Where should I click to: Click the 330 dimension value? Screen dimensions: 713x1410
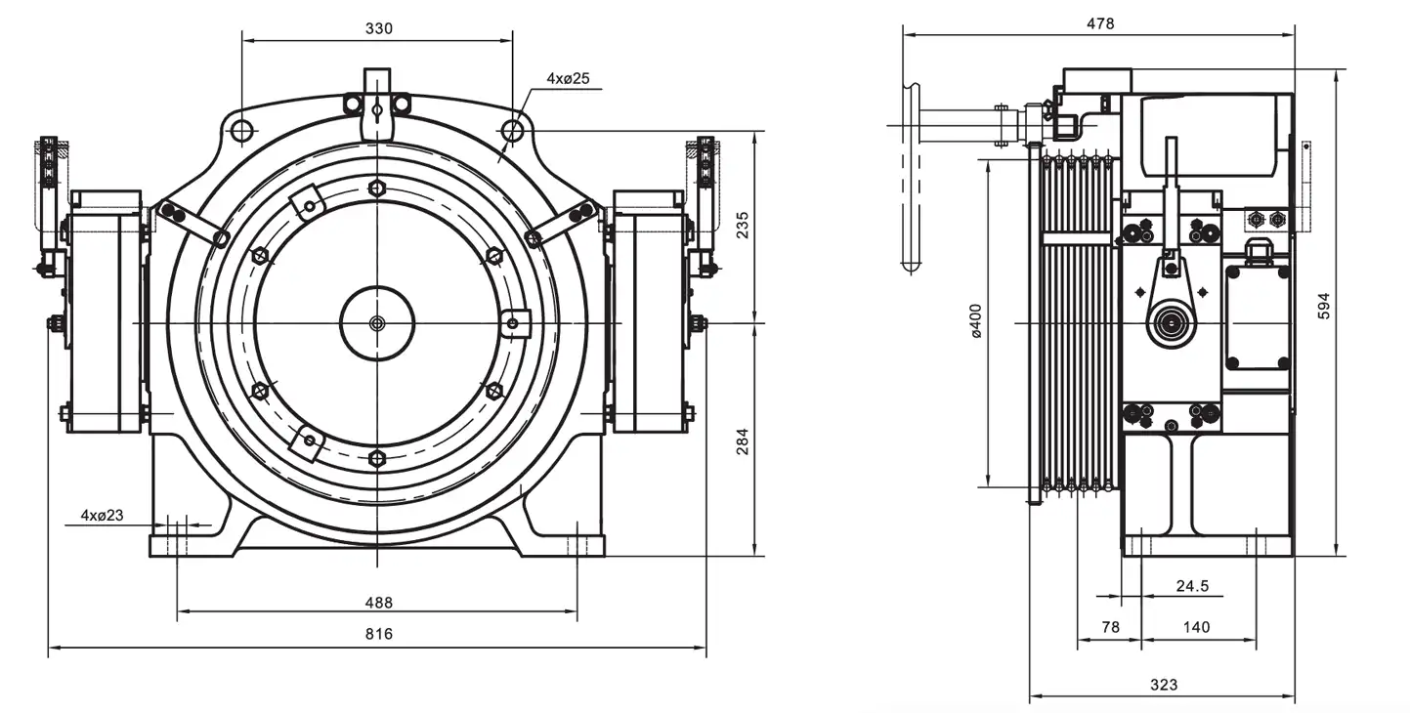pyautogui.click(x=379, y=28)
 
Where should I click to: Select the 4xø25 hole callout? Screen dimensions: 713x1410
pyautogui.click(x=568, y=78)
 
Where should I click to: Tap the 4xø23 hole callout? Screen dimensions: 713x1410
pyautogui.click(x=102, y=514)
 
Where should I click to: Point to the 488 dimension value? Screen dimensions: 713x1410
pyautogui.click(x=379, y=601)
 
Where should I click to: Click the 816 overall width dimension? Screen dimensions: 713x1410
pyautogui.click(x=379, y=634)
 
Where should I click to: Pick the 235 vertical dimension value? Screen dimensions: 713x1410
pyautogui.click(x=744, y=226)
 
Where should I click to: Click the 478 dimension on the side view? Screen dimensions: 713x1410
pyautogui.click(x=1099, y=23)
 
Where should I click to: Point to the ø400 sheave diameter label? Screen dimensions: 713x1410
pyautogui.click(x=976, y=322)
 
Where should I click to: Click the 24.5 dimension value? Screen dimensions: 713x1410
pyautogui.click(x=1192, y=586)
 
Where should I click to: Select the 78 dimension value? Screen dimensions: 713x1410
pyautogui.click(x=1110, y=627)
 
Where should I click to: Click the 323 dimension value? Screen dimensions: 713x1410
pyautogui.click(x=1164, y=685)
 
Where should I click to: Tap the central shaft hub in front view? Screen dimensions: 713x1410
pyautogui.click(x=377, y=322)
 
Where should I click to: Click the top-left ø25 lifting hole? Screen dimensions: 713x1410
pyautogui.click(x=243, y=129)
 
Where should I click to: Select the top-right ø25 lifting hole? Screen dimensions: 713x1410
pyautogui.click(x=511, y=129)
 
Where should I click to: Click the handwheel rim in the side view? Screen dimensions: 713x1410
pyautogui.click(x=912, y=176)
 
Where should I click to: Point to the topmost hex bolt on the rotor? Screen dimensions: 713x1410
pyautogui.click(x=377, y=188)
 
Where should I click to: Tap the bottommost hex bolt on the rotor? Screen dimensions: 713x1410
pyautogui.click(x=377, y=457)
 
